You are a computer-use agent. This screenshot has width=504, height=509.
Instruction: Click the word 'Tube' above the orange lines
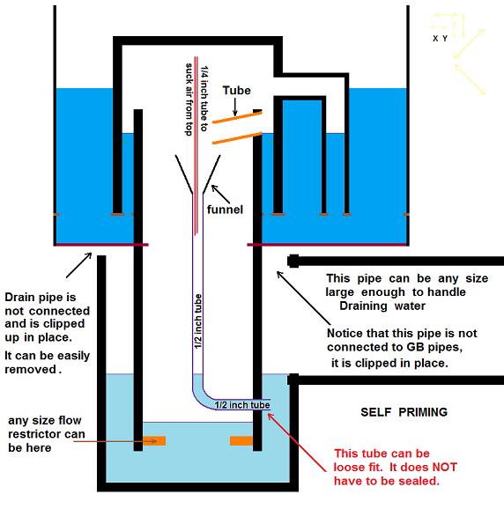pyautogui.click(x=236, y=91)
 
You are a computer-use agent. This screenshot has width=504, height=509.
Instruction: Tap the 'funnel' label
pyautogui.click(x=225, y=209)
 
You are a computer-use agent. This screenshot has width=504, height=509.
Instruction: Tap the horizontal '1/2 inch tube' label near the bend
pyautogui.click(x=245, y=404)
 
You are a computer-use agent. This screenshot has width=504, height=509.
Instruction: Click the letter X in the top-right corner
pyautogui.click(x=435, y=39)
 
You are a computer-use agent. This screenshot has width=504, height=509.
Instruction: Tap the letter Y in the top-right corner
pyautogui.click(x=446, y=39)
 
